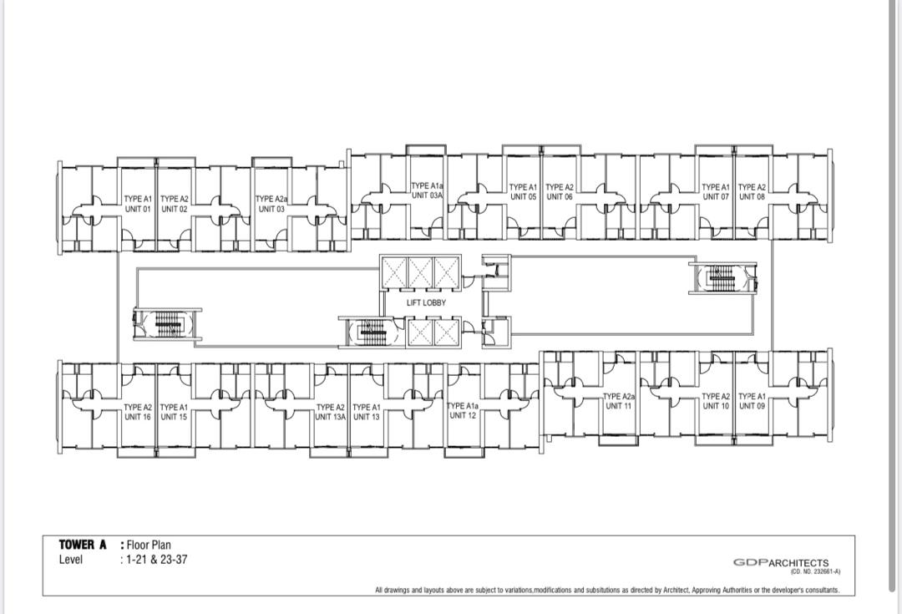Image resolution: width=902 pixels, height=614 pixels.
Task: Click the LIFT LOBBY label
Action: [x=426, y=302]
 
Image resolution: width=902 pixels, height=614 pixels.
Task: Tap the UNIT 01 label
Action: [x=138, y=209]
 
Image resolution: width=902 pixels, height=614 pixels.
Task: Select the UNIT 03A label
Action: [x=428, y=195]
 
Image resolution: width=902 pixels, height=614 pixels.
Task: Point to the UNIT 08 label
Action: [x=752, y=197]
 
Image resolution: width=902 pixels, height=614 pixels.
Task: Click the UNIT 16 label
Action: [x=138, y=417]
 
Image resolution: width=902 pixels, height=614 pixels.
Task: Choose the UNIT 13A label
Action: [x=330, y=417]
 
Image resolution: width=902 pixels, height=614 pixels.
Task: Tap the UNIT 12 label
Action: [x=463, y=415]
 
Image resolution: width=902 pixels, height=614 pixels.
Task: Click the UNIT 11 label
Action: [x=618, y=406]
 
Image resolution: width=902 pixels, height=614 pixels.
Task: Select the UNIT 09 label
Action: [x=752, y=406]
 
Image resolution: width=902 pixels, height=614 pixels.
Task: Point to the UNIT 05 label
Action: [x=523, y=197]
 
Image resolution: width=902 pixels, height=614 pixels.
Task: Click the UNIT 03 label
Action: [x=271, y=209]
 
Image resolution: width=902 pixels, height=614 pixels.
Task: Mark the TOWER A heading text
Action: [x=82, y=545]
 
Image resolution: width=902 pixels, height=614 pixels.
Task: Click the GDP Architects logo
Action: [x=781, y=562]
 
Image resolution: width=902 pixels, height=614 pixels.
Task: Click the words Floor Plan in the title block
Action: [x=149, y=545]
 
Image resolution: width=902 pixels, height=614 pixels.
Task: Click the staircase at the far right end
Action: [x=722, y=277]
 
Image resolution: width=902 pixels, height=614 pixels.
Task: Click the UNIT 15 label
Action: [x=174, y=417]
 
